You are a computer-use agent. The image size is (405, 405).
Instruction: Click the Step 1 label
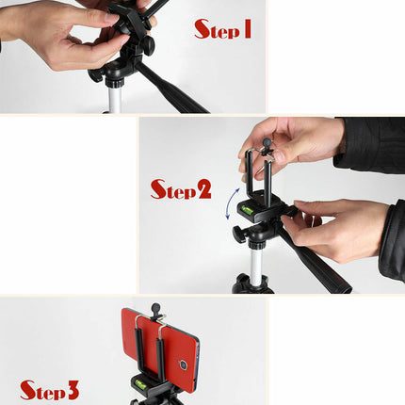(222, 29)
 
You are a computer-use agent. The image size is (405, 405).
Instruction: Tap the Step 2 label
(181, 189)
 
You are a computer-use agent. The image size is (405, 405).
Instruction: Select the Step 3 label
(49, 389)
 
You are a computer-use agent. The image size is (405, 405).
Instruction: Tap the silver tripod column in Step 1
(115, 96)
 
